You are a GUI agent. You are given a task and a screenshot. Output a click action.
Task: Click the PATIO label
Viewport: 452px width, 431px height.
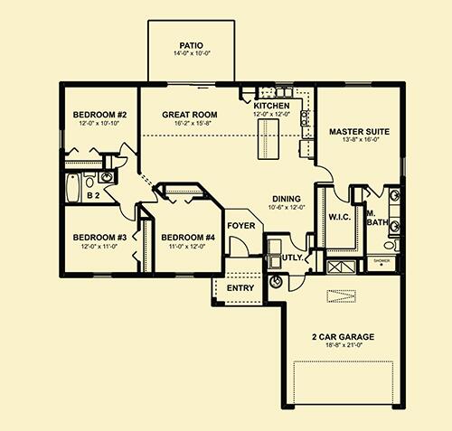click(x=191, y=42)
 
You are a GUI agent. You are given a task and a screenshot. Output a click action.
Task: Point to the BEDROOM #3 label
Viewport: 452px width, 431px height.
click(x=98, y=238)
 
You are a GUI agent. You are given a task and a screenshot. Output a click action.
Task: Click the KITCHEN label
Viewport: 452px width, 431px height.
click(x=271, y=106)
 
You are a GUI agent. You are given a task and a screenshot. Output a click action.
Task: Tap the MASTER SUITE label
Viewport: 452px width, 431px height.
click(x=359, y=132)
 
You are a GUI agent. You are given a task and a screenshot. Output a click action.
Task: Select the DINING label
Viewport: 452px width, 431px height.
click(x=287, y=198)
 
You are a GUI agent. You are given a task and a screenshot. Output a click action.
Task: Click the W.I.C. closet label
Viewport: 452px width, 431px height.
click(x=339, y=215)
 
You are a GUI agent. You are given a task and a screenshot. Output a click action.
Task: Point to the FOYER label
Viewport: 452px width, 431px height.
click(x=240, y=225)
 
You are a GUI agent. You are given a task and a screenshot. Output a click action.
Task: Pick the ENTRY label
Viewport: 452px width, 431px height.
click(x=240, y=288)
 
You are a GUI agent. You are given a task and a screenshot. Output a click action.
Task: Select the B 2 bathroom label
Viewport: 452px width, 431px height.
click(x=92, y=193)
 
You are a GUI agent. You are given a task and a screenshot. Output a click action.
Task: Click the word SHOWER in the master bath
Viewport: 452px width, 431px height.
click(x=381, y=259)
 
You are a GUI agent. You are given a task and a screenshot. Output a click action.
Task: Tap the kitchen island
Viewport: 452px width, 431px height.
click(x=268, y=137)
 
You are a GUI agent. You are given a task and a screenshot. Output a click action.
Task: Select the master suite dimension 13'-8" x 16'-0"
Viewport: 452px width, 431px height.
click(x=359, y=141)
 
